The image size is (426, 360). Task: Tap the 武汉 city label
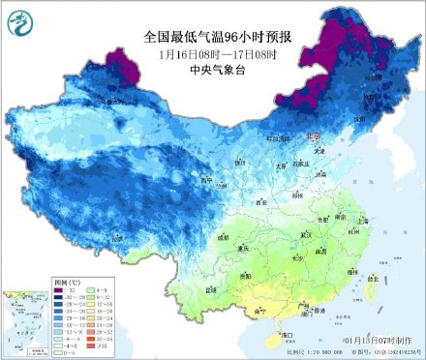307,235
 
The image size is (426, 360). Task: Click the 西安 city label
260,202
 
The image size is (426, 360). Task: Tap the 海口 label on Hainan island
287,334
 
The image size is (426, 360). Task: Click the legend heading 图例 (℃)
67,282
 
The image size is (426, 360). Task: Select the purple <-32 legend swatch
61,290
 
